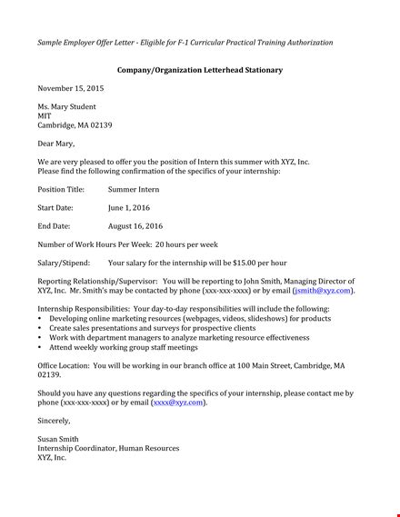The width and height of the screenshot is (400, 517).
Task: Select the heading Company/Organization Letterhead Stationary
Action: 199,70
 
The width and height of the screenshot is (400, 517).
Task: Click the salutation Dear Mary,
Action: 56,144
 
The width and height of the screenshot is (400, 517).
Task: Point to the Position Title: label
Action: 61,190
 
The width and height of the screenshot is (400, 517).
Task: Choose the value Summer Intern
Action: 134,190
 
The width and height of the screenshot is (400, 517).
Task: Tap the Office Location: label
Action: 64,365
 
